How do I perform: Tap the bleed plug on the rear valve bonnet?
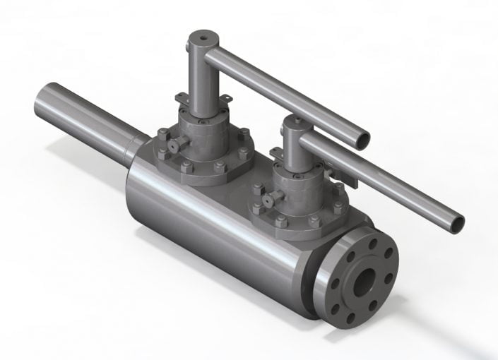pyautogui.click(x=172, y=145)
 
